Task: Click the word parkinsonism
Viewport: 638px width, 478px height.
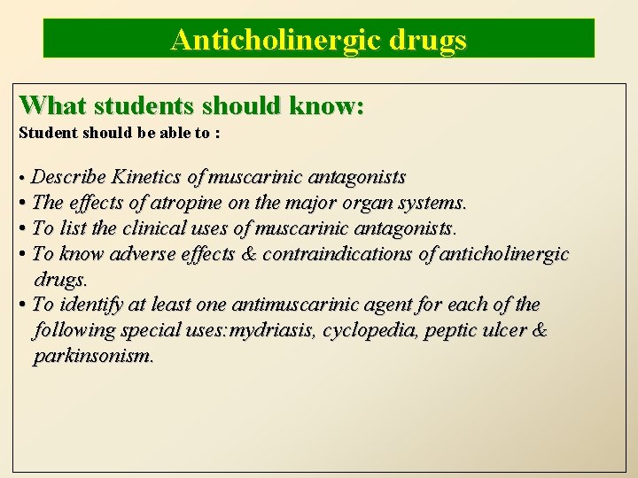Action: tap(94, 357)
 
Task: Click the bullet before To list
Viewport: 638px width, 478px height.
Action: tap(23, 228)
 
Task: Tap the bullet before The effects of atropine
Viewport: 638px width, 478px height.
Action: tap(23, 203)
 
